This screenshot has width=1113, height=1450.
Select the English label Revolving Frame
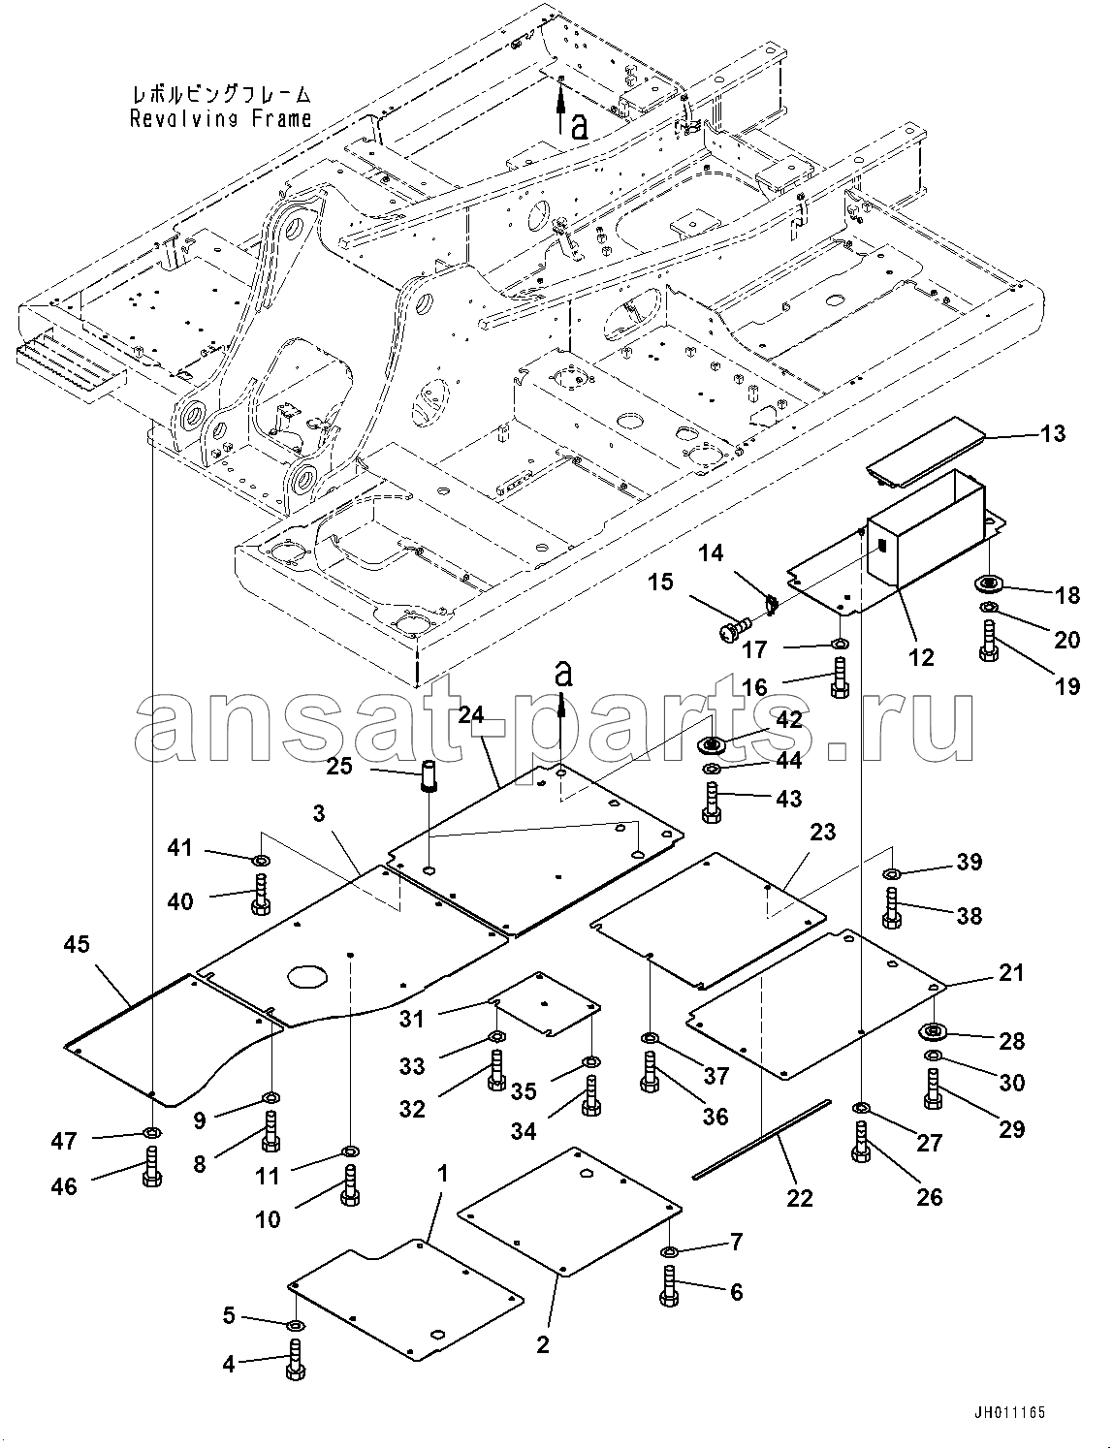click(220, 119)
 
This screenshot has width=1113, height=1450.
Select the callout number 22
click(800, 1198)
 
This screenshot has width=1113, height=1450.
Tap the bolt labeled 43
click(712, 804)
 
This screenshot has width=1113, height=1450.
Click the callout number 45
click(78, 944)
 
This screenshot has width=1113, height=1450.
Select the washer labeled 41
click(261, 858)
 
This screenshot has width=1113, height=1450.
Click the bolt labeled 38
click(892, 908)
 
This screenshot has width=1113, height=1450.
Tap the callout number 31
click(411, 1019)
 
